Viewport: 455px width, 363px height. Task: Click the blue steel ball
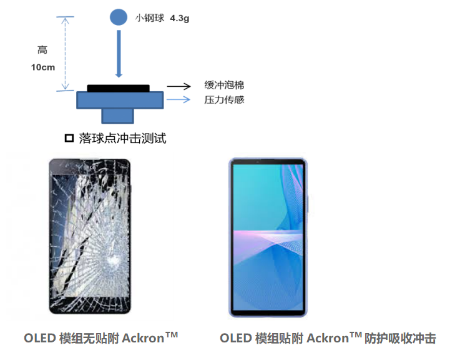tap(117, 17)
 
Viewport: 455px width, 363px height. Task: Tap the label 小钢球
tap(150, 19)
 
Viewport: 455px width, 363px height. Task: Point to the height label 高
tap(42, 50)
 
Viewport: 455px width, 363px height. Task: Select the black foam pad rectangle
tap(118, 88)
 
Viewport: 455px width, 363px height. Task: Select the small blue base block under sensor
tap(118, 115)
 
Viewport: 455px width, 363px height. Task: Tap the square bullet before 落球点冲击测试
tap(69, 137)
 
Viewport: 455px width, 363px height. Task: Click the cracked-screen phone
tap(90, 237)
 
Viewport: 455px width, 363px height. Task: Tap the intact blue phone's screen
tap(268, 237)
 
